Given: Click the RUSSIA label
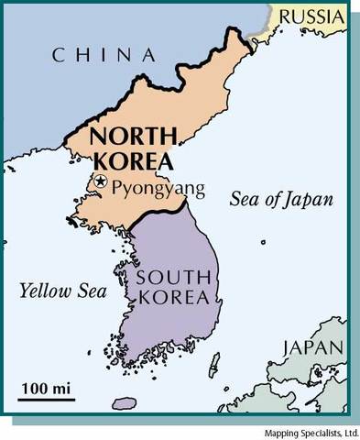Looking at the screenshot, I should click(311, 16).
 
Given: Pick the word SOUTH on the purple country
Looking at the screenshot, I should click(174, 278).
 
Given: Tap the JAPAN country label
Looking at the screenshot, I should click(312, 347).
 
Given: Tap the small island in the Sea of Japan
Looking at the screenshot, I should click(264, 243).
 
